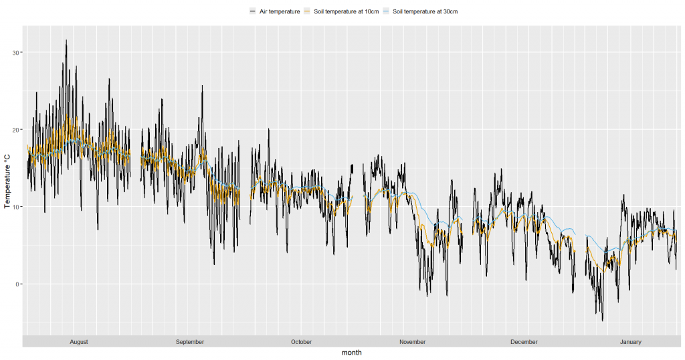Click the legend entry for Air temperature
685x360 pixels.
click(x=279, y=11)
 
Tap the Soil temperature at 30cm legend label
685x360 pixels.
click(x=425, y=11)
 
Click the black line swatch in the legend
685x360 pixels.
click(x=252, y=11)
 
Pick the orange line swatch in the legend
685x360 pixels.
click(x=307, y=11)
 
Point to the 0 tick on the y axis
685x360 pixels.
click(x=18, y=284)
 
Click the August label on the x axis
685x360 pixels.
click(x=79, y=342)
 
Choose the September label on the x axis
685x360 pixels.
click(x=190, y=342)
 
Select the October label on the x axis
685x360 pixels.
click(x=301, y=342)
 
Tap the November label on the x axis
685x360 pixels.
click(x=413, y=342)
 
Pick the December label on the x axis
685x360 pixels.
click(x=524, y=342)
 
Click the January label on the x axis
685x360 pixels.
click(x=630, y=342)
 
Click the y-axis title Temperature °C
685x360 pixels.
click(x=7, y=181)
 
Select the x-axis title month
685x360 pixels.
click(x=351, y=353)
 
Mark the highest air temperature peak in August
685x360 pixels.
click(x=66, y=40)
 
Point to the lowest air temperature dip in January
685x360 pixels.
click(x=603, y=321)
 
